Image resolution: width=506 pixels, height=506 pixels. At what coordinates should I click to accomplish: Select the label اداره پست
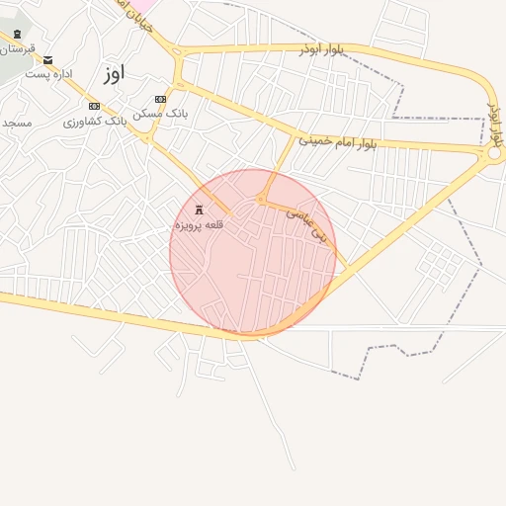coord(49,75)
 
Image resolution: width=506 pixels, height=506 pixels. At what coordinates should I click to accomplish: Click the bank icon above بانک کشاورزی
coord(94,106)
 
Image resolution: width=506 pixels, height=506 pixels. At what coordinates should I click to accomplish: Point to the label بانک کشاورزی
coord(92,121)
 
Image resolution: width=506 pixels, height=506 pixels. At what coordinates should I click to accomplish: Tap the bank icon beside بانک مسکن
coord(160,99)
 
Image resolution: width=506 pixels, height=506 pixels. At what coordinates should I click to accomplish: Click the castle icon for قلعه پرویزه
coord(201,210)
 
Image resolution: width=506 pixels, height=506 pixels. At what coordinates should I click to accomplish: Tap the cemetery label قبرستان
coord(17,47)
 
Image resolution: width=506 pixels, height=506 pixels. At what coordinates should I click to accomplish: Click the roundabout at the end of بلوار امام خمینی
coord(493,153)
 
